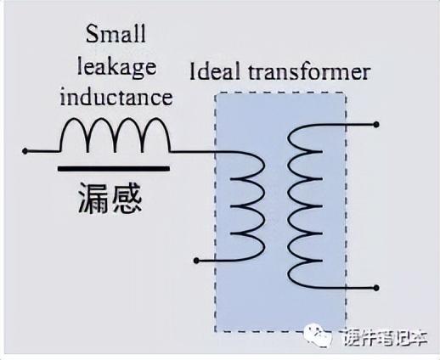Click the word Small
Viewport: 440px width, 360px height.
[x=116, y=34]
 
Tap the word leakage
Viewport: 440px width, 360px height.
[x=116, y=68]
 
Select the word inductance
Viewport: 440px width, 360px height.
[x=116, y=97]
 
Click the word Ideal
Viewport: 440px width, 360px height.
[x=215, y=70]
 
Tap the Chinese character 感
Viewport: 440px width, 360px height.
[x=127, y=198]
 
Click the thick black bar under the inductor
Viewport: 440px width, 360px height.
[x=114, y=169]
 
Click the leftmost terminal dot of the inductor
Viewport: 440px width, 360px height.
[x=25, y=151]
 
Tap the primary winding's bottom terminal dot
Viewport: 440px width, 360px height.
[x=196, y=261]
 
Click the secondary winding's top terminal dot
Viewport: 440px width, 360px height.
[x=376, y=124]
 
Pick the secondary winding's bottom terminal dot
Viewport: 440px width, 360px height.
[x=376, y=288]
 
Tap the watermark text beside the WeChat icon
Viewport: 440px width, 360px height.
[x=386, y=337]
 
